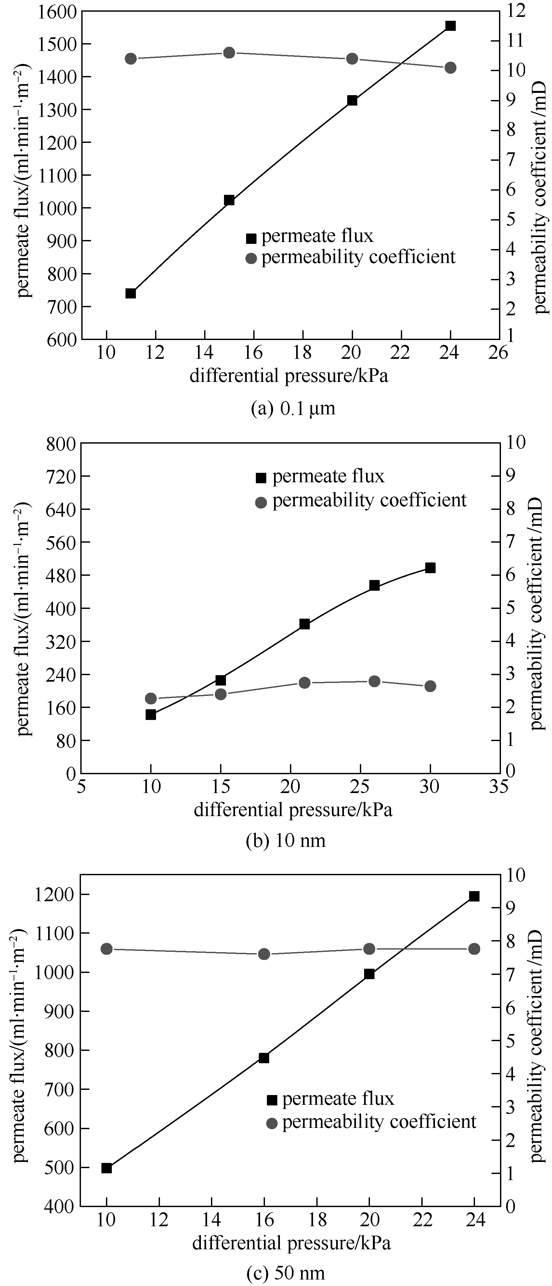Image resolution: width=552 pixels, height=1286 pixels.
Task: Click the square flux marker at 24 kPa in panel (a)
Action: (x=450, y=25)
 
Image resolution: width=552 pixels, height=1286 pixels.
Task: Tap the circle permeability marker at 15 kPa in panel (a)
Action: (x=229, y=52)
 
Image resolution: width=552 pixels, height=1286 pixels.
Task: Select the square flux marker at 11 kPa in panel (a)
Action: (x=131, y=293)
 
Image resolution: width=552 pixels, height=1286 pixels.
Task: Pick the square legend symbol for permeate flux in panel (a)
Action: (x=251, y=238)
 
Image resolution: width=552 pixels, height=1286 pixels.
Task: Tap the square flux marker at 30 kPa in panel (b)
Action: (x=430, y=568)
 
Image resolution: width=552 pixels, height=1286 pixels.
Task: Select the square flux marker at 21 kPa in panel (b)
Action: (x=305, y=624)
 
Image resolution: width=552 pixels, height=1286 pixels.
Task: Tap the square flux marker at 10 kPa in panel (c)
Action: (x=106, y=1168)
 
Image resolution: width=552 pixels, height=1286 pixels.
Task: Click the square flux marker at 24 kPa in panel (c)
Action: (x=474, y=896)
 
